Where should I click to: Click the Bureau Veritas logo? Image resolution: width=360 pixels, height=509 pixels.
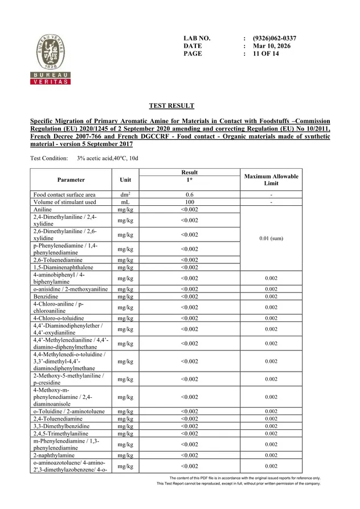point(50,59)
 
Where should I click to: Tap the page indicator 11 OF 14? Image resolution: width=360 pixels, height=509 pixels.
point(265,54)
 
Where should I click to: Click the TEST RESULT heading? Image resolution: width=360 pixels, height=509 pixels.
point(171,106)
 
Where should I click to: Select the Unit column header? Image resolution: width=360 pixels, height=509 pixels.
point(125,180)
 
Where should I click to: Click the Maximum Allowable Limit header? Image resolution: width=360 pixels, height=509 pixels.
point(271,180)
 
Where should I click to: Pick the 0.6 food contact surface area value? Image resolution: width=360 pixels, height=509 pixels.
point(189,195)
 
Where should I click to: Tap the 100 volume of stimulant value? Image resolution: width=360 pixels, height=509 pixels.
point(189,202)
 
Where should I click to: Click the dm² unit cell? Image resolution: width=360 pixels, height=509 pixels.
point(125,195)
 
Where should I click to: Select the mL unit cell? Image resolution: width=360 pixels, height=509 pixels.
point(125,202)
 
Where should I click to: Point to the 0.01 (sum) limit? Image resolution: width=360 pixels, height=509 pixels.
point(271,238)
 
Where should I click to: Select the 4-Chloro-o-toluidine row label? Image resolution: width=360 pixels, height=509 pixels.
point(59,318)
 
